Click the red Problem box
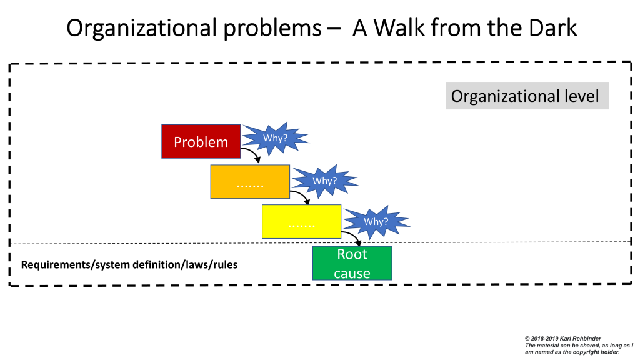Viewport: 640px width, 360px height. click(201, 141)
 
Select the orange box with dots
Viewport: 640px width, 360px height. click(250, 182)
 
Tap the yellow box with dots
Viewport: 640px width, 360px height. click(301, 221)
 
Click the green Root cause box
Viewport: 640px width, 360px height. click(352, 263)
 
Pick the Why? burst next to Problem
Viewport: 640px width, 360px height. click(274, 137)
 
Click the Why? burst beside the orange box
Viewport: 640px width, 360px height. click(324, 181)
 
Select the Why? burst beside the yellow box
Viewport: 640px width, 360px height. click(376, 221)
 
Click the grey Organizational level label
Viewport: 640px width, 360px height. click(527, 96)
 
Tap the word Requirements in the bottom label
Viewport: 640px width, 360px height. click(56, 264)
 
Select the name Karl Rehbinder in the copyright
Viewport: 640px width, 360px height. click(572, 337)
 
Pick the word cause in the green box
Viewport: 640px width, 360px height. click(352, 273)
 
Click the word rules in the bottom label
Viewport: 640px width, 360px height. click(223, 264)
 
